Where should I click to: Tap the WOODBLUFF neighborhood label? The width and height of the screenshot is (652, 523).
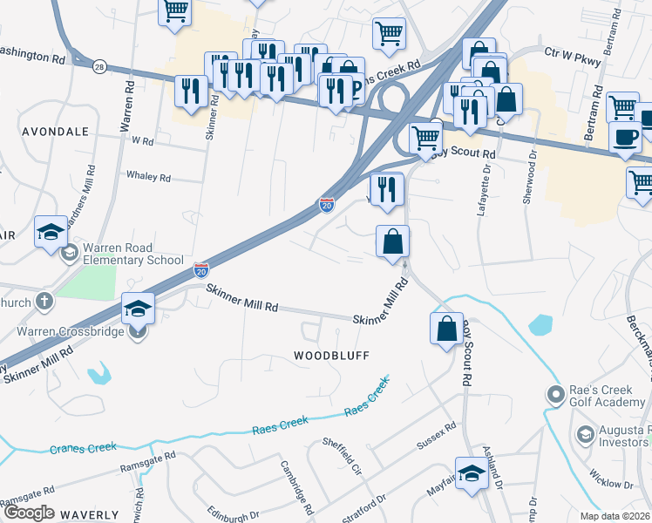[331, 356]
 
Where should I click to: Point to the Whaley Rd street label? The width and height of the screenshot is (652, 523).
[148, 176]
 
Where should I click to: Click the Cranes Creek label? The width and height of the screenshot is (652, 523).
[83, 448]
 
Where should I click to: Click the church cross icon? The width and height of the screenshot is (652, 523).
[44, 302]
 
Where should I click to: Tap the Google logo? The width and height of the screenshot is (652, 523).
[28, 513]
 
